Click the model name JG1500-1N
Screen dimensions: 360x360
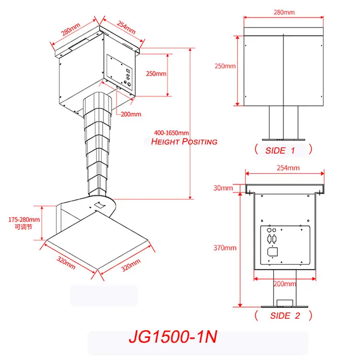(173, 336)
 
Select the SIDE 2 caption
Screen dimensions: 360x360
(285, 315)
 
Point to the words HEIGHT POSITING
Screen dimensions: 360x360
(184, 142)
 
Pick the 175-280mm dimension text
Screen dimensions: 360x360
(24, 219)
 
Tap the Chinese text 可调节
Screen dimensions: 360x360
(24, 227)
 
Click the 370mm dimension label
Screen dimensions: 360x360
(225, 248)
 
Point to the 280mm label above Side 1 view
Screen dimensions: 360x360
(283, 12)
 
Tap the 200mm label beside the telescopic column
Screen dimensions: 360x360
(131, 114)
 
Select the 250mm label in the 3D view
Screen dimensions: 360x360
(156, 74)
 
